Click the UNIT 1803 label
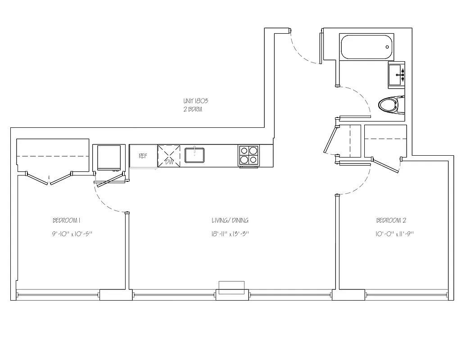click(x=195, y=102)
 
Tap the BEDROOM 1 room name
click(x=66, y=220)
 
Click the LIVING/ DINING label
click(x=230, y=220)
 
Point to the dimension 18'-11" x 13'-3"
click(x=230, y=234)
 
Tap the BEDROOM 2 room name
click(x=391, y=220)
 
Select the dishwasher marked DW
click(x=169, y=156)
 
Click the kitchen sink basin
click(x=195, y=155)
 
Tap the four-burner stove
click(x=249, y=155)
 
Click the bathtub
click(x=366, y=48)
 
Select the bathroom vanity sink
click(x=396, y=74)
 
